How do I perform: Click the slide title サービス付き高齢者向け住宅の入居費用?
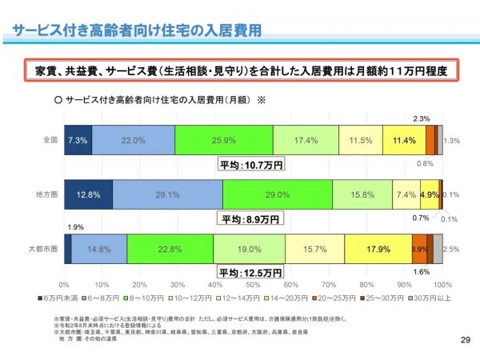click(136, 30)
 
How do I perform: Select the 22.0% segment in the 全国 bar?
click(133, 140)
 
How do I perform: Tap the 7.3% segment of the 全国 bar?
click(78, 140)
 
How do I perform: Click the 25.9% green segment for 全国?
click(223, 140)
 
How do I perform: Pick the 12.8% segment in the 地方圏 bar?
click(88, 194)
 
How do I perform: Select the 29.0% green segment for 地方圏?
click(277, 194)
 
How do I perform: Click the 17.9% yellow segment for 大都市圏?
click(378, 249)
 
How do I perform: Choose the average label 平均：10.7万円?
click(250, 165)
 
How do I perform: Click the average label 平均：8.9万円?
click(250, 218)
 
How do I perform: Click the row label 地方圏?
click(46, 194)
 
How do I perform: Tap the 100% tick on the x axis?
click(442, 284)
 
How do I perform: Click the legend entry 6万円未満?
click(56, 298)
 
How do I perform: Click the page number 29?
click(466, 342)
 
